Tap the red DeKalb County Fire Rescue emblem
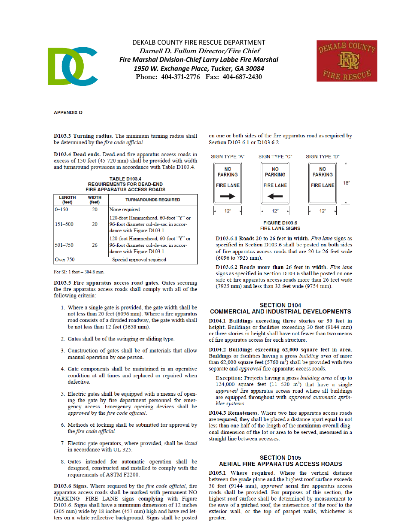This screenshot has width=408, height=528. tap(347, 61)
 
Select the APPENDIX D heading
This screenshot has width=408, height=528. tap(67, 112)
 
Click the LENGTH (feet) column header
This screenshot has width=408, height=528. tap(67, 200)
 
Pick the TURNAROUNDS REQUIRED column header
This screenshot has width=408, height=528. tap(152, 200)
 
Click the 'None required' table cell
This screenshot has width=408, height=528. tap(125, 209)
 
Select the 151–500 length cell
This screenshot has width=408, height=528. tap(64, 224)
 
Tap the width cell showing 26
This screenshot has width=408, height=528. tap(94, 245)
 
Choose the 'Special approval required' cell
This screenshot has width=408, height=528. tap(139, 260)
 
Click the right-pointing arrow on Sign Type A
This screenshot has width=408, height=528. tap(228, 197)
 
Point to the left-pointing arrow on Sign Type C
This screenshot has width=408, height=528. tap(275, 197)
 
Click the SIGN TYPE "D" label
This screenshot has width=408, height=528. tap(322, 157)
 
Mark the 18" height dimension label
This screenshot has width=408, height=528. tap(346, 183)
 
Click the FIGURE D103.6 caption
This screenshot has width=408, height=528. tap(280, 223)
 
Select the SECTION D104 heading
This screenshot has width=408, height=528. tap(280, 305)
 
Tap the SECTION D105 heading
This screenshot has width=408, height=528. tap(280, 458)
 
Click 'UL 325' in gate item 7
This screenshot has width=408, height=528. tap(123, 449)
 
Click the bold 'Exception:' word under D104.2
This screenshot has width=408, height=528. tap(229, 378)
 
